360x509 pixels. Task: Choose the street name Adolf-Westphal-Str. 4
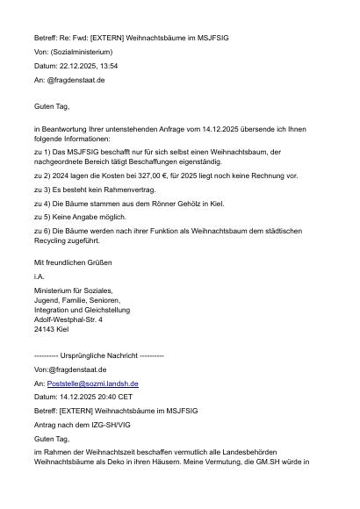tap(68, 319)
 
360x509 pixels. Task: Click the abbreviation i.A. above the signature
tap(40, 275)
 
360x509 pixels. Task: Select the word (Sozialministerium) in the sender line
tap(87, 53)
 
